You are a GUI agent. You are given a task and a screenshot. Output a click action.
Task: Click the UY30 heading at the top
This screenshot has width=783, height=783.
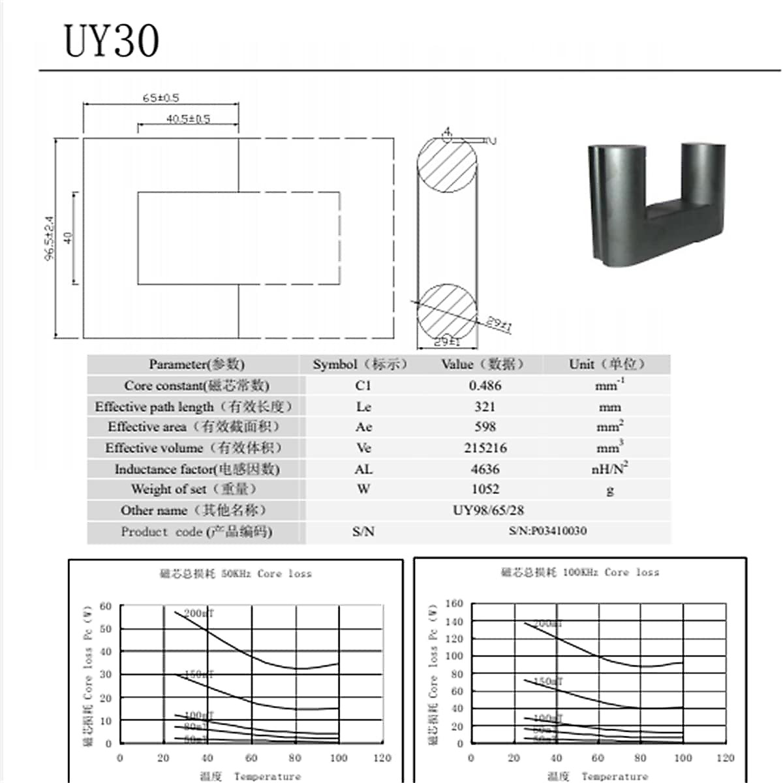[112, 40]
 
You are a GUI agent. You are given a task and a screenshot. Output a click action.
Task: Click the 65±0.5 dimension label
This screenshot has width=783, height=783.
[161, 98]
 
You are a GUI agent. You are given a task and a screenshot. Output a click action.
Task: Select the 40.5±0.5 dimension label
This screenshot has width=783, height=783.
[188, 119]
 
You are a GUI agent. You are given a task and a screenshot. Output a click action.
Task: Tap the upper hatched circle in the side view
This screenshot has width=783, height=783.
[447, 164]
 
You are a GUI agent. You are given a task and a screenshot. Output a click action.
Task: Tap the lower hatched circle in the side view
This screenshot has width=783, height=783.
[447, 311]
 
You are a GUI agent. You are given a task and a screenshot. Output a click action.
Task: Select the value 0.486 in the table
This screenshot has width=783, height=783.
[485, 386]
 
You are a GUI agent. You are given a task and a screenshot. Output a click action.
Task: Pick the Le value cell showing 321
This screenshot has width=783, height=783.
[485, 407]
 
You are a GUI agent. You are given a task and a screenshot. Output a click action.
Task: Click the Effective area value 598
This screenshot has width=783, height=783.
[485, 427]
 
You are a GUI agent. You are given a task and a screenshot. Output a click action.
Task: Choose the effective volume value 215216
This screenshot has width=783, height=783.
[485, 448]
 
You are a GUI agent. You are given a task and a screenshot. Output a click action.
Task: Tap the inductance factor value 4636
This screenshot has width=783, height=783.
[485, 468]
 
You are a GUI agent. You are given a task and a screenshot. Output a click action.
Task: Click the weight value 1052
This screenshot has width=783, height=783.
[485, 489]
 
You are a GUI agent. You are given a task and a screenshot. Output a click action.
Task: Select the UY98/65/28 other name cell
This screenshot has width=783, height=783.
[488, 510]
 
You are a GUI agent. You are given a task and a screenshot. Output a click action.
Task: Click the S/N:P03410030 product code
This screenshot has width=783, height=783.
[547, 531]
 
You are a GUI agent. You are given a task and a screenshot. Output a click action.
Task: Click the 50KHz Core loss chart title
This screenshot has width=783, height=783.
[236, 574]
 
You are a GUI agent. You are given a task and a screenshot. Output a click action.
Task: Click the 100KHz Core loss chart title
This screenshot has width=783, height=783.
[579, 572]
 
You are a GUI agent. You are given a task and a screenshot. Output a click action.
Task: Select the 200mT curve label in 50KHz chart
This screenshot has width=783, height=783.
[198, 613]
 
